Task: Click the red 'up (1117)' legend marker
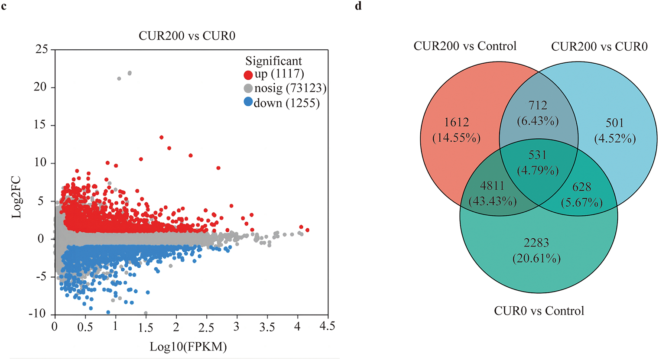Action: tap(248, 75)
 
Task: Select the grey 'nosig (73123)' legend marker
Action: tap(248, 89)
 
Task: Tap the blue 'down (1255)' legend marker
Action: tap(248, 103)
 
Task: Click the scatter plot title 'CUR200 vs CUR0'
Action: tap(187, 36)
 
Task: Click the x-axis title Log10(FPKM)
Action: tap(188, 346)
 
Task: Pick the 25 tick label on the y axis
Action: tap(42, 49)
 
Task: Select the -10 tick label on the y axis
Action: tap(38, 314)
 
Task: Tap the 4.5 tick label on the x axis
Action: tap(327, 326)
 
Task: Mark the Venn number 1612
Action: tap(456, 123)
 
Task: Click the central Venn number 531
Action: tap(537, 155)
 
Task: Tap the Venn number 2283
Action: tap(537, 243)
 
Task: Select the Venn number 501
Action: tap(615, 123)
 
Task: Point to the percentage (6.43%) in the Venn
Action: tap(538, 121)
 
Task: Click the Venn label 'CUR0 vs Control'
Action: tap(539, 311)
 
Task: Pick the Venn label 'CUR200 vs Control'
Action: tap(465, 46)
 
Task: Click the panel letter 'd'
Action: tap(358, 6)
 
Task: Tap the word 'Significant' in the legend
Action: tap(273, 61)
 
